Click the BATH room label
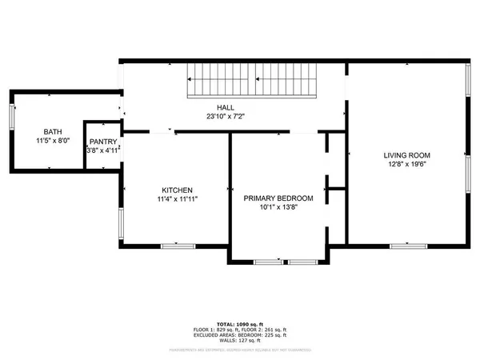[x=53, y=131]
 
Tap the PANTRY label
[x=103, y=142]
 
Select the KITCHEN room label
[x=175, y=190]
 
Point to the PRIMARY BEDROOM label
[x=278, y=198]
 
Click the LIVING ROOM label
[x=407, y=155]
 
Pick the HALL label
[x=226, y=106]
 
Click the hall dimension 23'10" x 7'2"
[x=226, y=116]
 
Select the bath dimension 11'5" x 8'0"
[x=53, y=141]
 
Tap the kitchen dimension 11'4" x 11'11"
[x=175, y=199]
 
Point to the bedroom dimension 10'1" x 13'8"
[x=278, y=208]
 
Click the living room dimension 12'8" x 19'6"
[x=407, y=165]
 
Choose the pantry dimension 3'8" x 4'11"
[x=103, y=150]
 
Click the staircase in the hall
[x=252, y=82]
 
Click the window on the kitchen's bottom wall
[x=173, y=245]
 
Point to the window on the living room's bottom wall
[x=402, y=244]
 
